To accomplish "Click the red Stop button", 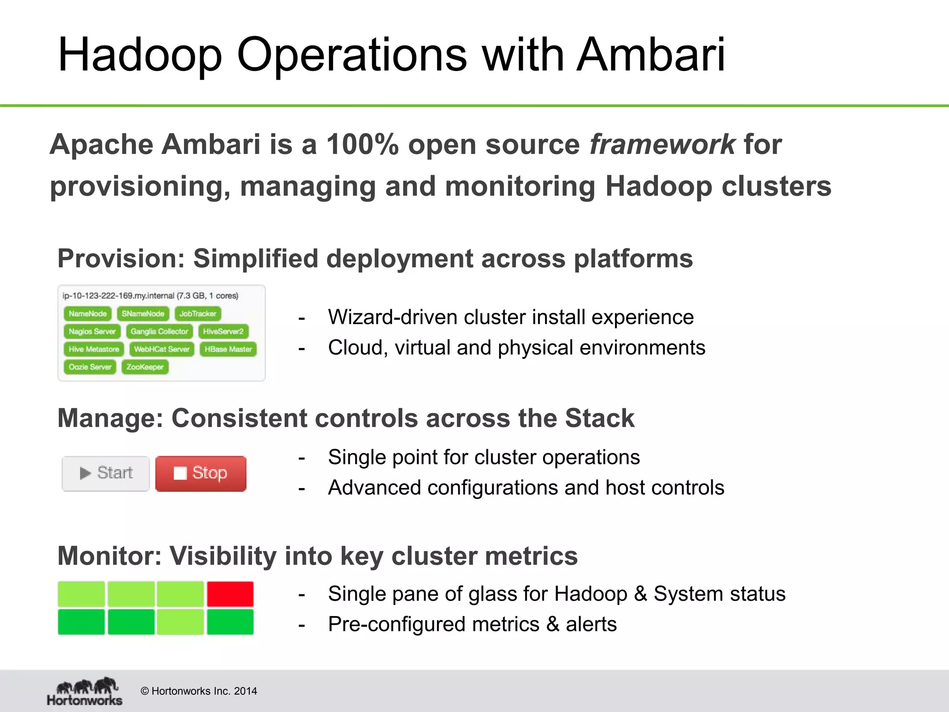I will (201, 473).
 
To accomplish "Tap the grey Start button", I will (106, 473).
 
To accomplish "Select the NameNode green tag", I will (88, 314).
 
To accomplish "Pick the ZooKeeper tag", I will (145, 367).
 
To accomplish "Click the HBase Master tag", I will (228, 350).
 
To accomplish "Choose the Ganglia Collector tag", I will (159, 332).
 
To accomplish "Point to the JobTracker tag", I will (198, 314).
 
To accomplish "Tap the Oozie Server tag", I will (90, 367).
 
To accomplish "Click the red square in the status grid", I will (230, 594).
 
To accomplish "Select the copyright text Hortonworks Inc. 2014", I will (199, 691).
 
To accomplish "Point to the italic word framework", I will (662, 144).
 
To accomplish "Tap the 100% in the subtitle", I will (362, 144).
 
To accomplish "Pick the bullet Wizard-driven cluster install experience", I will (511, 318).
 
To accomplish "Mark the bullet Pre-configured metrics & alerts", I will (472, 624).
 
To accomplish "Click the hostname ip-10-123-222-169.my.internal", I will (118, 296).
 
